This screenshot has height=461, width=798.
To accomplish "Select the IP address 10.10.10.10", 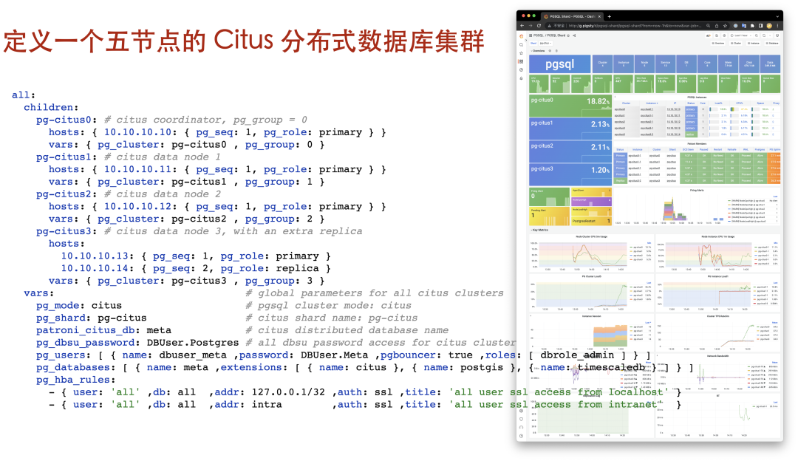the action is coord(137,132).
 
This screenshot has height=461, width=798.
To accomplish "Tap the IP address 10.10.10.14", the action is coord(95,269).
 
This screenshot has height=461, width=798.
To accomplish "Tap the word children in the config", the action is coord(48,107).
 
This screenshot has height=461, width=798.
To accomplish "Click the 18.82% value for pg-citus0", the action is coord(596,102).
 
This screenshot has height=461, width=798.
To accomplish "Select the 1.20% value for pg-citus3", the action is coord(598,169).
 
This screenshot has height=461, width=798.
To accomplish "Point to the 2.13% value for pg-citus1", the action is coord(598,124).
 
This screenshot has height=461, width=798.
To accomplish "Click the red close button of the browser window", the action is coord(522,16).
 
